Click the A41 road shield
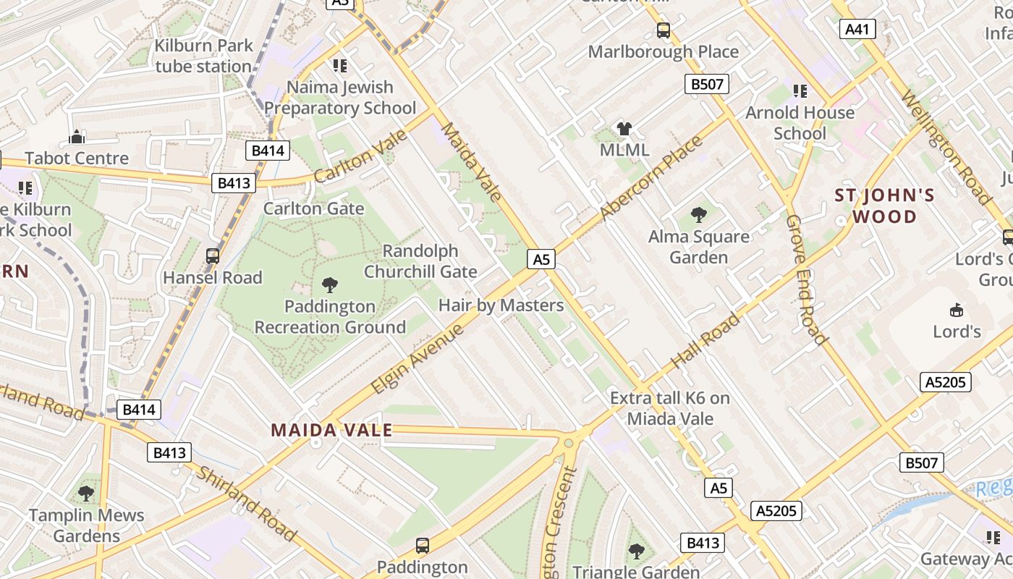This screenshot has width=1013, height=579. pos(857,29)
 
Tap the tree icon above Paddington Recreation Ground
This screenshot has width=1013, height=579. pos(330,284)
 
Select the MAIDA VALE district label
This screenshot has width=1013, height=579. pos(331,430)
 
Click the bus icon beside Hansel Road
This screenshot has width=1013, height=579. pos(213,256)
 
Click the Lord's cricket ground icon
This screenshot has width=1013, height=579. pos(957,310)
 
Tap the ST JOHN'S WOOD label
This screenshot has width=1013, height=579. pos(884,206)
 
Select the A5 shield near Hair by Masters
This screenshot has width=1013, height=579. pos(541,259)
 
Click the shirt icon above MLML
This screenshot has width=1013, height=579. pos(624,129)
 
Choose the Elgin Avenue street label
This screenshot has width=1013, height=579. pos(417,360)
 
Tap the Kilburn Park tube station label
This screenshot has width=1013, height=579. pos(204,56)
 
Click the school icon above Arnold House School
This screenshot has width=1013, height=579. pos(800,91)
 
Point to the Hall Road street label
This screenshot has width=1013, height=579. pos(705,340)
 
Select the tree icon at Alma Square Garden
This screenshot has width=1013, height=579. pos(698,214)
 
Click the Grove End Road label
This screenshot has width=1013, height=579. pos(806,279)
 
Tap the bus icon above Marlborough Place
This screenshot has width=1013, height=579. pos(664,30)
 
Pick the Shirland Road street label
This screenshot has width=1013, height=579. pos(246,504)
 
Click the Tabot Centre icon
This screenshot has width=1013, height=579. pos(77,137)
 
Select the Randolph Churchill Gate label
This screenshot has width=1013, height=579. pos(420,261)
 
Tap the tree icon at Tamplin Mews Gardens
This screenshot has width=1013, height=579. pos(86,494)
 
